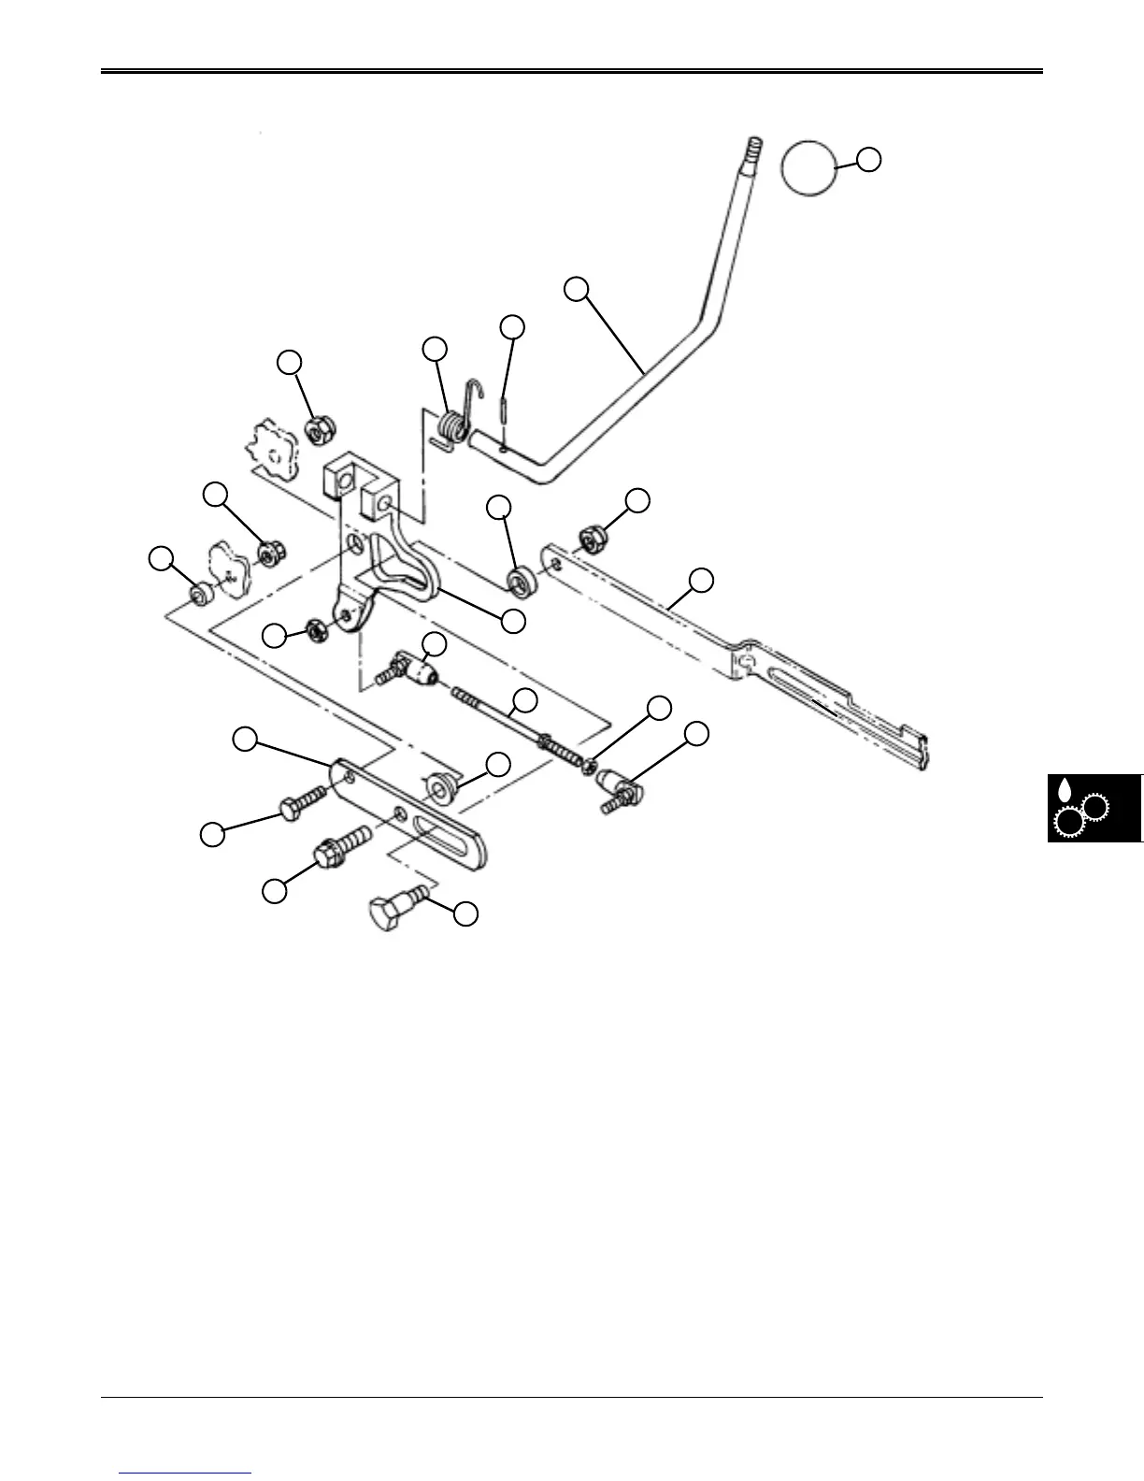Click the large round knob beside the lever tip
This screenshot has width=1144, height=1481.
[x=808, y=168]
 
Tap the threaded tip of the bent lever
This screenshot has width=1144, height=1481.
[x=753, y=148]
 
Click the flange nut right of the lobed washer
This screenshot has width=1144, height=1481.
[x=272, y=554]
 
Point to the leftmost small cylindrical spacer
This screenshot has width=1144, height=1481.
[x=198, y=594]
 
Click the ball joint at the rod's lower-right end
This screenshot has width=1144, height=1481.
[x=613, y=783]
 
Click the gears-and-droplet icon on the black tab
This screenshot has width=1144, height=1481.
[x=1080, y=810]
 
